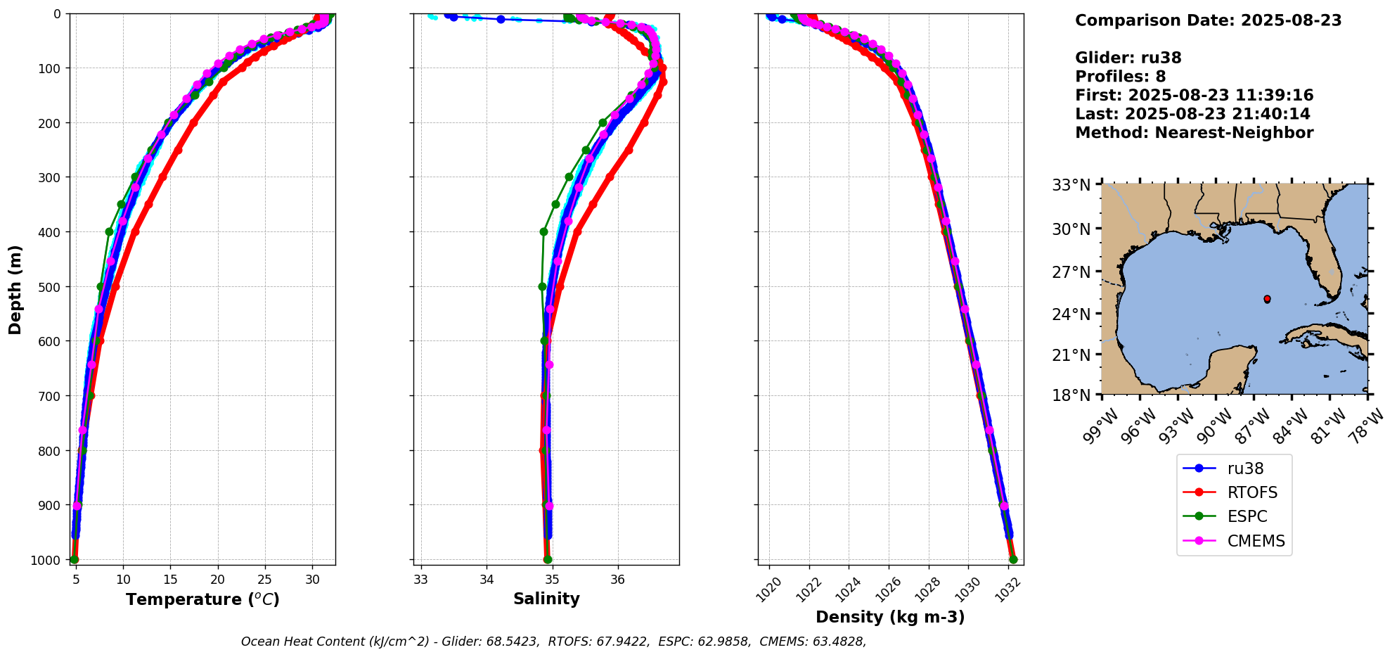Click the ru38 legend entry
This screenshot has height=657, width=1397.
(x=1245, y=468)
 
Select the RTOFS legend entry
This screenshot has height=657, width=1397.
(x=1252, y=492)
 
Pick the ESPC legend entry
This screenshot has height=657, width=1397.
(x=1247, y=516)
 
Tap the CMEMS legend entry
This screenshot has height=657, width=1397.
(x=1256, y=541)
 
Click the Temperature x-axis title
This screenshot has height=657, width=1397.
(x=202, y=599)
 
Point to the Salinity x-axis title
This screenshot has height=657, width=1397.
(x=546, y=599)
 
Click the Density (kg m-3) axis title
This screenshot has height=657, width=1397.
(x=890, y=617)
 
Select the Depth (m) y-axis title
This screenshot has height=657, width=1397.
(x=15, y=289)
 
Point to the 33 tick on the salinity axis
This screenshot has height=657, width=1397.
(x=420, y=580)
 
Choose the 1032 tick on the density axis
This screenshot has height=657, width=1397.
(x=1007, y=586)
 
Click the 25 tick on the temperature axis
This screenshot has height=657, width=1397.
(x=265, y=580)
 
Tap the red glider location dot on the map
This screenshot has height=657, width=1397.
(x=1267, y=299)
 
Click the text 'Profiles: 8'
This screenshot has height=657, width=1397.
(x=1120, y=77)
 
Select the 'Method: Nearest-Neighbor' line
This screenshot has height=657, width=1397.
(x=1194, y=133)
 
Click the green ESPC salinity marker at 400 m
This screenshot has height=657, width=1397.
(x=543, y=231)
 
